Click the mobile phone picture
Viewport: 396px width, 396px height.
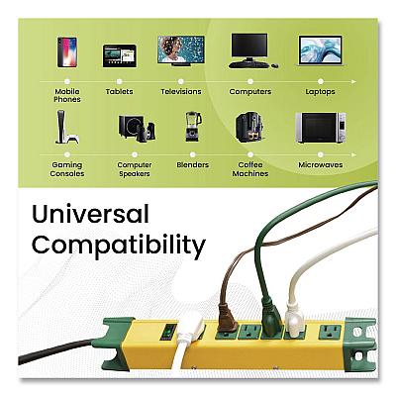tap(67, 52)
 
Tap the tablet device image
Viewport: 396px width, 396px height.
tap(119, 55)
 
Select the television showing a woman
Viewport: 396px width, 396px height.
tap(181, 50)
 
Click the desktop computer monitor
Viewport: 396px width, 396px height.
tap(249, 47)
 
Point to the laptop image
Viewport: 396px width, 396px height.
tap(320, 51)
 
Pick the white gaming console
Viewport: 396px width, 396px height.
tap(67, 127)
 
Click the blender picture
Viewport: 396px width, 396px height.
tap(193, 127)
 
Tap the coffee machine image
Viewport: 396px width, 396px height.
tap(249, 128)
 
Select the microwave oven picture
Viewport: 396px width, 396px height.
tap(320, 128)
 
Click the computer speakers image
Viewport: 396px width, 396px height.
tap(137, 129)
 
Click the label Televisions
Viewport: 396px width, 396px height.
tap(181, 92)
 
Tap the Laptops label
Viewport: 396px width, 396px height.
tap(320, 92)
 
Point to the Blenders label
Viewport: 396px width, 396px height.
tap(193, 164)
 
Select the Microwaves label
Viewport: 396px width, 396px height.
tap(321, 164)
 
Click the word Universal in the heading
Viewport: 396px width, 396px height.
tap(90, 214)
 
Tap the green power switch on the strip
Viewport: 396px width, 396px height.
tap(170, 332)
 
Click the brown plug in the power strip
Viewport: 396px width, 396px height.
tap(229, 317)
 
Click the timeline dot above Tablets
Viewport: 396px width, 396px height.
tap(120, 81)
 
